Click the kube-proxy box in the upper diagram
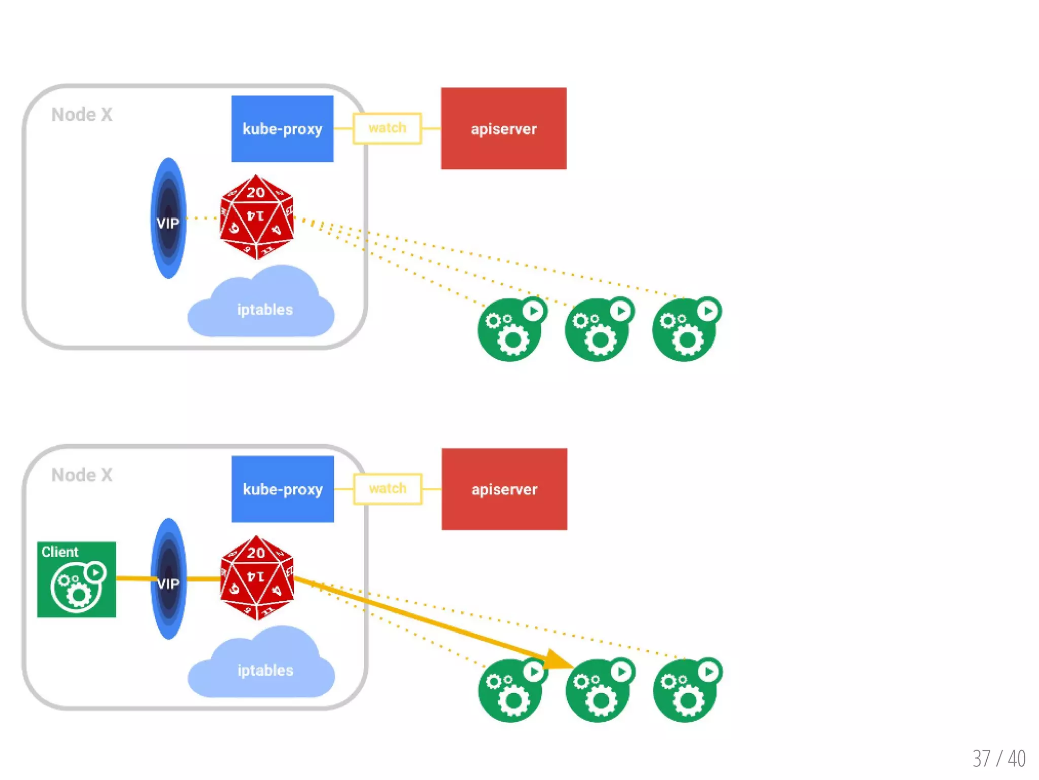(x=282, y=128)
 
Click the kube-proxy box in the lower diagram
(x=283, y=489)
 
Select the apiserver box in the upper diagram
(x=503, y=128)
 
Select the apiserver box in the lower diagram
(x=504, y=489)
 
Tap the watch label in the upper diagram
(x=387, y=128)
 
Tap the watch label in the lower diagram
(x=388, y=488)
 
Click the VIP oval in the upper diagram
(x=168, y=218)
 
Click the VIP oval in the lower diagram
(x=168, y=579)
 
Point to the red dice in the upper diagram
(x=257, y=217)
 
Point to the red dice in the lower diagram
(x=257, y=578)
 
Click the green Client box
(x=77, y=579)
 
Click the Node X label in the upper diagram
(x=82, y=115)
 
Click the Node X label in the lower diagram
(x=82, y=475)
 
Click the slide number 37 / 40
(x=998, y=759)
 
